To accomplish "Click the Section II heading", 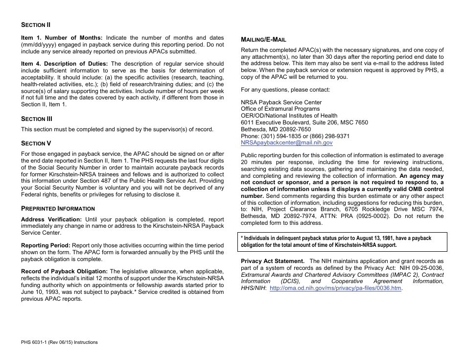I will tap(36, 25).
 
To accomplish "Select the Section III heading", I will tap(36, 119).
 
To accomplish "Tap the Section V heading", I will tap(36, 144).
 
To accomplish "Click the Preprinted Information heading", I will tap(58, 208).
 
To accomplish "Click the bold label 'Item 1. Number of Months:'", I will tap(62, 38).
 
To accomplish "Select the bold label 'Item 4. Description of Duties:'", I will tap(65, 64).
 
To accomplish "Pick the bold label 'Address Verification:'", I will tap(51, 219).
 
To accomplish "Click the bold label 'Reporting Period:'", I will tap(46, 245).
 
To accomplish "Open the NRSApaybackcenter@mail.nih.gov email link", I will tap(286, 143).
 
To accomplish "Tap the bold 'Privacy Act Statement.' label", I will tap(273, 262).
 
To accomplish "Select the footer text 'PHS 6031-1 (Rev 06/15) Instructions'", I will tap(59, 342).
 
